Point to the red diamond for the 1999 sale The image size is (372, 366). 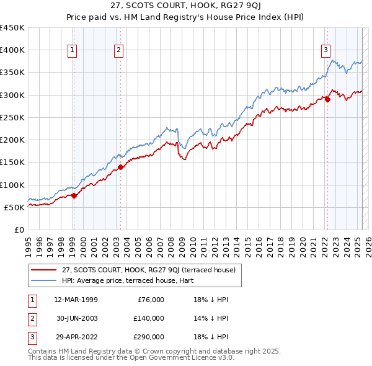74,195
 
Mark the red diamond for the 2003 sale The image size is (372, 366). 120,166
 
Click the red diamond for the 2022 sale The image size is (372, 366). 327,99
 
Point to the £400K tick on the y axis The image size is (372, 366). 12,50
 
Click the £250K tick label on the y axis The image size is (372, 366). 12,117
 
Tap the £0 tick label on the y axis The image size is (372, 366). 19,230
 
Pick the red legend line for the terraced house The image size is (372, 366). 44,270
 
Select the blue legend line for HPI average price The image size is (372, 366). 44,280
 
